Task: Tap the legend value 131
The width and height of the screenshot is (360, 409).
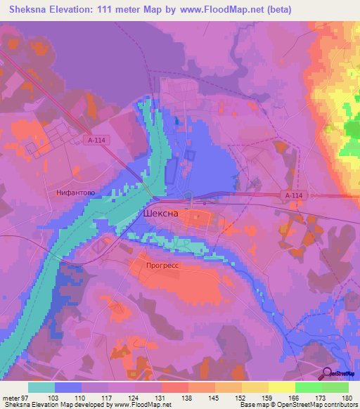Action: [161, 398]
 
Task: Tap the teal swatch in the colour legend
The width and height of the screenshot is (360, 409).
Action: [41, 387]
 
